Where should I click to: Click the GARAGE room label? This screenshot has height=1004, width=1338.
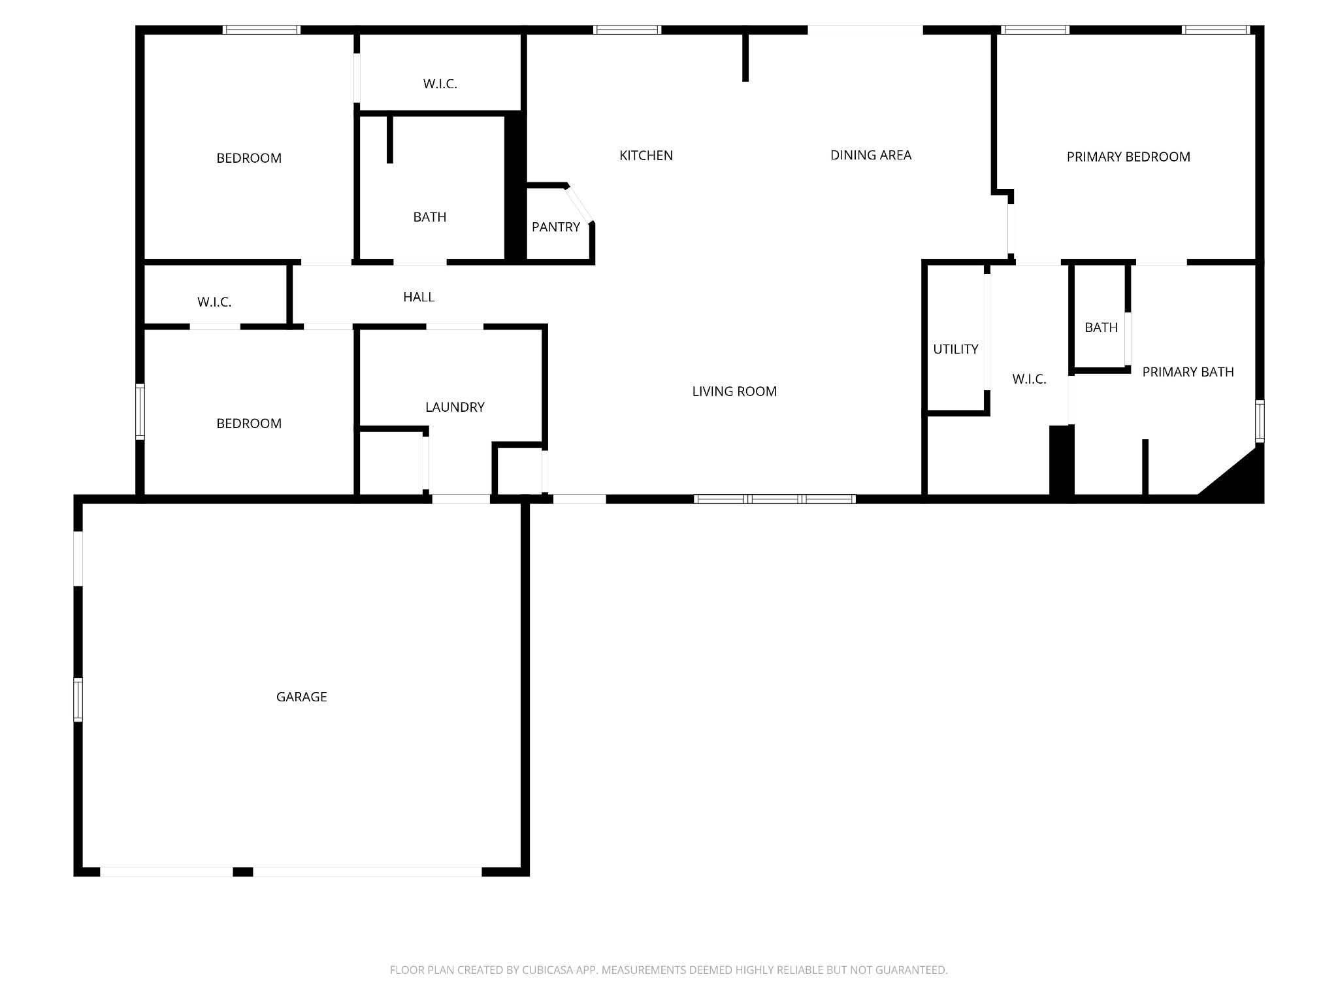coord(301,697)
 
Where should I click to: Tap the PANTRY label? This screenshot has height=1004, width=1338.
coord(556,227)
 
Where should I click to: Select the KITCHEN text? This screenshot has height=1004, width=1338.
coord(646,156)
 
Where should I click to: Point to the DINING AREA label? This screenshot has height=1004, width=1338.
coord(871,155)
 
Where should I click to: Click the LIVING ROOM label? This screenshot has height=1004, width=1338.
coord(734,392)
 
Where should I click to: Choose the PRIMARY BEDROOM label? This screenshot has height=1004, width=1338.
coord(1128,157)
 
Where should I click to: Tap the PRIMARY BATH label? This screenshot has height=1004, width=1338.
coord(1188,372)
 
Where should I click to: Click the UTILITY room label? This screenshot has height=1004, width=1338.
coord(955,349)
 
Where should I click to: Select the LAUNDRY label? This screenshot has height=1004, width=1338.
coord(455,407)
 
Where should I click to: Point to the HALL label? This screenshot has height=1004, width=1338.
coord(419,297)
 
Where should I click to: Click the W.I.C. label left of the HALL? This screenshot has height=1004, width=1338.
coord(214,302)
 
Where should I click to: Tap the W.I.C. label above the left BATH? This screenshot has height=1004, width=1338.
coord(440,84)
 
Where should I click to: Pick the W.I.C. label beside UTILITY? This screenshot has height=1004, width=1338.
coord(1029,379)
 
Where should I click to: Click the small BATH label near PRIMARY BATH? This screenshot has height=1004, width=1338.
coord(1101,327)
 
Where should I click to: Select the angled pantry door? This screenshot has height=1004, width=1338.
coord(579,205)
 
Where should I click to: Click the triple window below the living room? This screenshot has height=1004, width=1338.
coord(774,499)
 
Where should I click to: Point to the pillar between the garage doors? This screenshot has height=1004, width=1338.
coord(243,871)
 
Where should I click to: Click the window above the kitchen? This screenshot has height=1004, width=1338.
coord(627,29)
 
